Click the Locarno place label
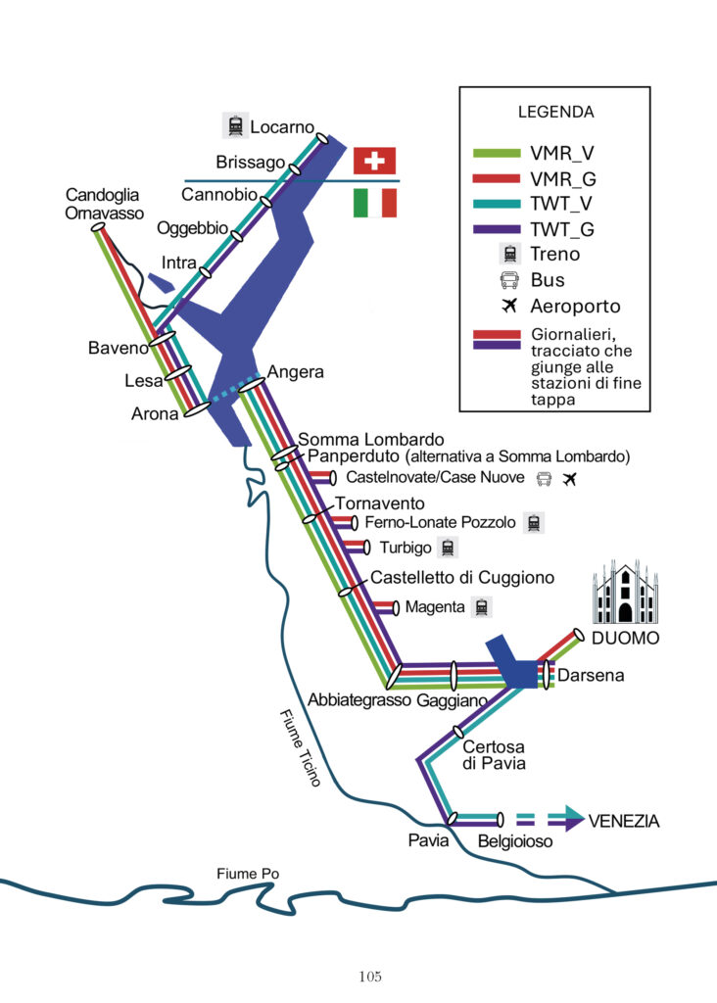pos(282,127)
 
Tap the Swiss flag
pos(374,159)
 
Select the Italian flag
pos(374,203)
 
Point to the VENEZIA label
pos(623,821)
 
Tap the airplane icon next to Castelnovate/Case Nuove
pos(573,479)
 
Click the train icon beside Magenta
pos(481,607)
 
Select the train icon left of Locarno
pos(234,125)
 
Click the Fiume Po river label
pos(246,874)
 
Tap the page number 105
pos(369,976)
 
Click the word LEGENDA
pos(555,112)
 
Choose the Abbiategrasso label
pos(359,700)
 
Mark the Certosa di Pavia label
pos(494,755)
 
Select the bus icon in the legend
pos(509,280)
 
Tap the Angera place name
pos(295,372)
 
